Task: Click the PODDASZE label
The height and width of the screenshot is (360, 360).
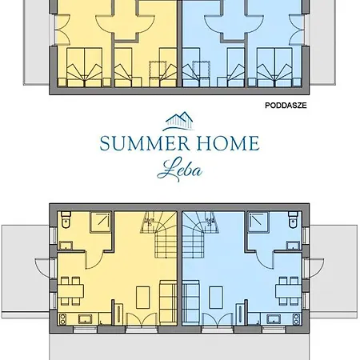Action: (x=286, y=106)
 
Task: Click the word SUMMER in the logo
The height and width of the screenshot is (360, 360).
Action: (x=145, y=143)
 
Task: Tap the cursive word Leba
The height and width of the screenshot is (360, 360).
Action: (x=179, y=170)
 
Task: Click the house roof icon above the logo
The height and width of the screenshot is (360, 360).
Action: (x=178, y=122)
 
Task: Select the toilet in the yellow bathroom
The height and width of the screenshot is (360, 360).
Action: (x=66, y=220)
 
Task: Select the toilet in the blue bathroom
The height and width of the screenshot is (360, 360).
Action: (x=293, y=220)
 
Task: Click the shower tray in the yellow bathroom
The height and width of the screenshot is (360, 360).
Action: (x=101, y=222)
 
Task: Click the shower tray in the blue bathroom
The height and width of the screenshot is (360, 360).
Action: (x=258, y=222)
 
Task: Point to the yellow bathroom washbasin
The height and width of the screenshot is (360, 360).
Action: (x=66, y=246)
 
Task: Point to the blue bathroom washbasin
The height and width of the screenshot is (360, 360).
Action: (x=294, y=246)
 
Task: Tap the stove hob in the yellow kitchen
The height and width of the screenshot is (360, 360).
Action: (x=62, y=319)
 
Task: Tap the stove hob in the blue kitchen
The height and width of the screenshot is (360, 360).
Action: (x=296, y=319)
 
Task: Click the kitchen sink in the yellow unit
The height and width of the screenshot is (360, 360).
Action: (x=86, y=318)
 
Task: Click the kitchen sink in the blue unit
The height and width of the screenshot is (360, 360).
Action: (x=274, y=318)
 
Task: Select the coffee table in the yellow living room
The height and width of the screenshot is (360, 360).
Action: (x=143, y=298)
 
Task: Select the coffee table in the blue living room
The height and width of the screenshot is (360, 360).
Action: (x=216, y=298)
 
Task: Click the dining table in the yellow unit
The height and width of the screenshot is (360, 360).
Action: (x=70, y=291)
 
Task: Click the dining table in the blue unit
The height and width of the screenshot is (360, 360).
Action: (x=289, y=291)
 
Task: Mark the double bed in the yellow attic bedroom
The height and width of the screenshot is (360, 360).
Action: (x=85, y=67)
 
